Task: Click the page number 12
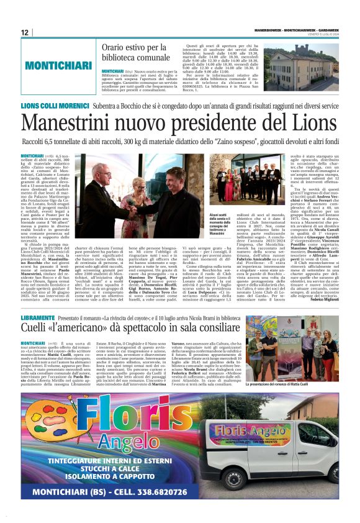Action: pos(24,32)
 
